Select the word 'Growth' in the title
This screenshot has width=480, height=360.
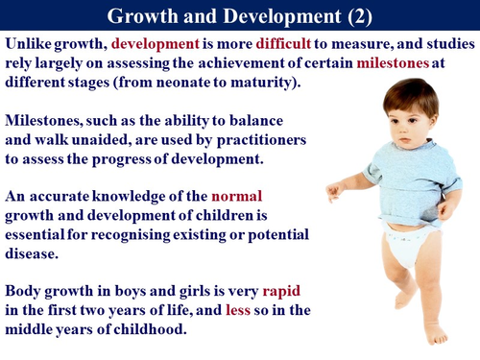pyautogui.click(x=141, y=14)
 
